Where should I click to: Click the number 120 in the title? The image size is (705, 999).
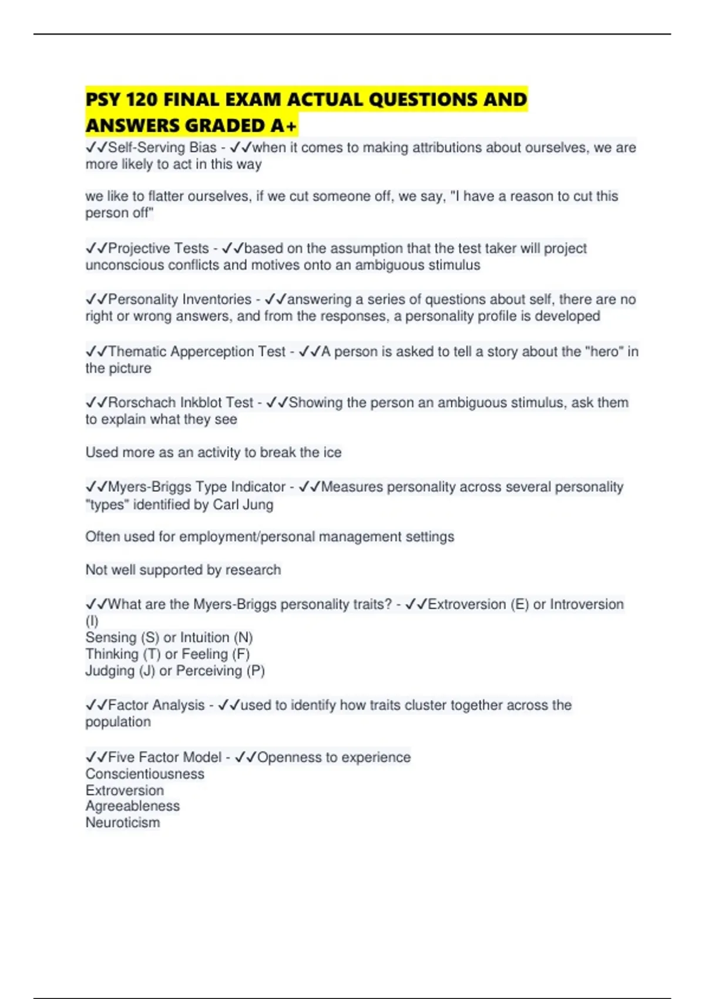142,100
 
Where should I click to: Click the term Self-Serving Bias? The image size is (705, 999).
162,147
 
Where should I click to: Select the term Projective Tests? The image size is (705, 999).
158,249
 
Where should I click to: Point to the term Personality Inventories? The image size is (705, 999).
180,300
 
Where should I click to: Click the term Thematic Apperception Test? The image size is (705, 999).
196,351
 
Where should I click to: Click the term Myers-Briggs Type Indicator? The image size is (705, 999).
196,487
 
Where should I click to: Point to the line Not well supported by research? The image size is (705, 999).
183,570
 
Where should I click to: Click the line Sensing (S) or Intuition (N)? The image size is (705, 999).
169,638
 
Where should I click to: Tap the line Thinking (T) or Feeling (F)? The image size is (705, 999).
167,654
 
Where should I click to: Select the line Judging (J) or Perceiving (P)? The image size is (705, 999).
175,671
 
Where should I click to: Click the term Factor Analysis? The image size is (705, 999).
156,705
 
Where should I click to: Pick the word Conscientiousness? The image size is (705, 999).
145,774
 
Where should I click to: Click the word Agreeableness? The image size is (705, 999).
133,806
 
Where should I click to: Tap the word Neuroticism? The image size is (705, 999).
123,823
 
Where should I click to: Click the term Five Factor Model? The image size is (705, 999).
164,757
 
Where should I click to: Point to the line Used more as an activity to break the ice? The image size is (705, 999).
213,452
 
